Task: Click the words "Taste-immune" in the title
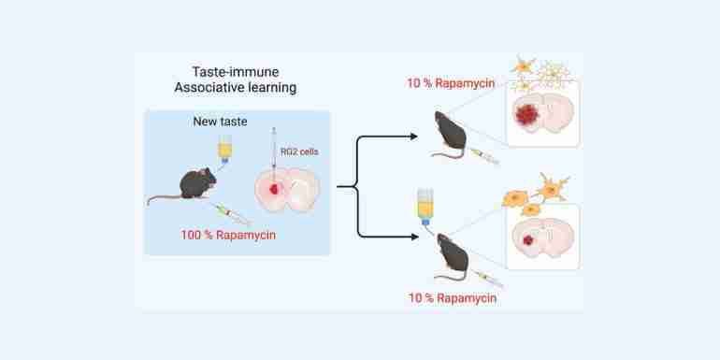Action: click(236, 72)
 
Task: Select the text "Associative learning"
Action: click(235, 88)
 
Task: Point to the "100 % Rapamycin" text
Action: click(228, 235)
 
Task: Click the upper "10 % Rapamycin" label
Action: click(451, 83)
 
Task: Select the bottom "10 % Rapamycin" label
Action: click(453, 298)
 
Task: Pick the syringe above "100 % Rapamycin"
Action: click(233, 214)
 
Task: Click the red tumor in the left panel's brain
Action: click(275, 189)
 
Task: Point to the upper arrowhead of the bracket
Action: click(413, 137)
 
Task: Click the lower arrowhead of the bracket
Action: click(414, 237)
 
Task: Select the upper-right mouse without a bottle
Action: click(449, 134)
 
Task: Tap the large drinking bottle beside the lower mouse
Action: click(425, 207)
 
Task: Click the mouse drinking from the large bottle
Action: click(452, 257)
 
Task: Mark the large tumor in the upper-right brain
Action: click(526, 114)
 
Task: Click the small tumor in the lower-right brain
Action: click(528, 239)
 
